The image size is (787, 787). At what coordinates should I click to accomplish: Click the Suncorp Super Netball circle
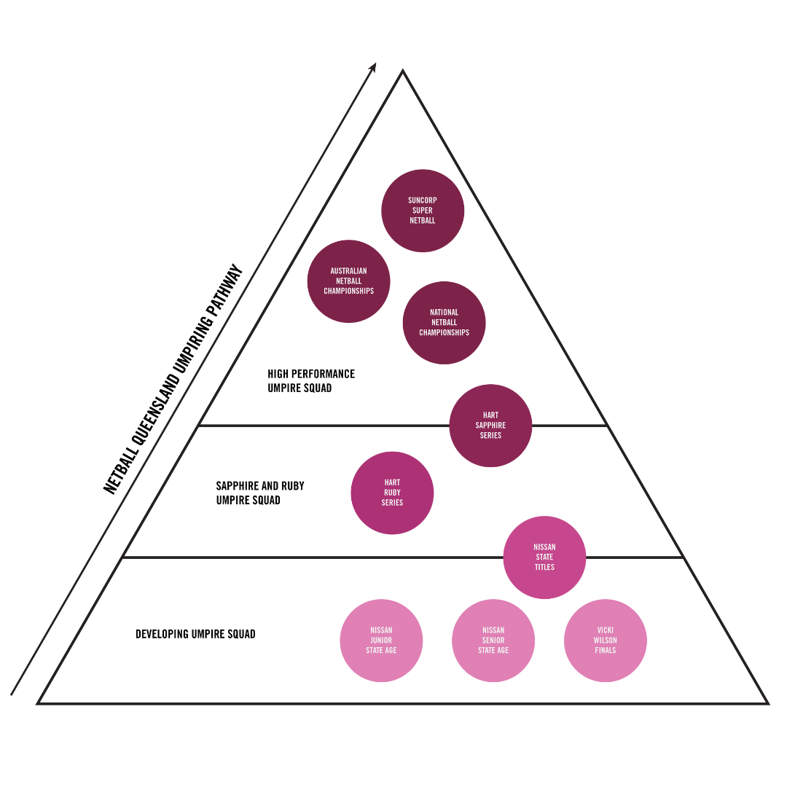[x=423, y=211]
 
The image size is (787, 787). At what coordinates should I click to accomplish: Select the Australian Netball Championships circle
[x=349, y=281]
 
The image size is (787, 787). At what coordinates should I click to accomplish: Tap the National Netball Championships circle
[x=444, y=323]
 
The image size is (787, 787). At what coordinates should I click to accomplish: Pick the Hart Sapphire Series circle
[x=490, y=426]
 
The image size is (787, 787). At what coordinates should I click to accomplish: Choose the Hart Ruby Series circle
[x=392, y=493]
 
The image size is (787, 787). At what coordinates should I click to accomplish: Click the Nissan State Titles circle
[x=544, y=557]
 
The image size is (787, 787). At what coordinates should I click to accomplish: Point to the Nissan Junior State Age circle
[x=381, y=641]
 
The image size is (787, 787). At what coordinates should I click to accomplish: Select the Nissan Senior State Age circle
[x=493, y=641]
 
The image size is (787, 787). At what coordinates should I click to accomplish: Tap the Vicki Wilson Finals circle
[x=606, y=641]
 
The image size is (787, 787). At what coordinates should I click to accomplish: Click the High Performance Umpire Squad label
[x=311, y=381]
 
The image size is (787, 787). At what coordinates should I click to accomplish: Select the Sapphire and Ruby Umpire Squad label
[x=260, y=493]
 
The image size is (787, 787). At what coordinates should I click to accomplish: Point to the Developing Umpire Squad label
[x=195, y=634]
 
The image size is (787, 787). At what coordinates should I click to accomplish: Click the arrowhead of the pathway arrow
[x=373, y=67]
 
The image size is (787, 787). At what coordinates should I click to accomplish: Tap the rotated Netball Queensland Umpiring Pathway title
[x=173, y=380]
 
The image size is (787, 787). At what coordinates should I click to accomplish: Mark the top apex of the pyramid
[x=403, y=71]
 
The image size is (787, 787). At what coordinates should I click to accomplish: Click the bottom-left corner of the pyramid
[x=39, y=703]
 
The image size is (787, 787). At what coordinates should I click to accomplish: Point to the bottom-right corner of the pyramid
[x=767, y=703]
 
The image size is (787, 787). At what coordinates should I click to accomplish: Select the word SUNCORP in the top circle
[x=423, y=200]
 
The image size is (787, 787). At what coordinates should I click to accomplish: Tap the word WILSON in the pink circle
[x=606, y=641]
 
